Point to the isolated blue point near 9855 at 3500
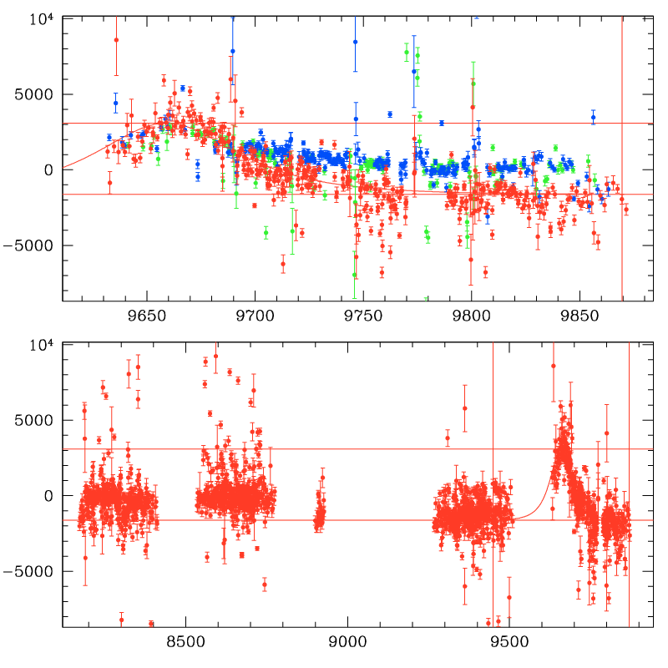pos(593,118)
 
